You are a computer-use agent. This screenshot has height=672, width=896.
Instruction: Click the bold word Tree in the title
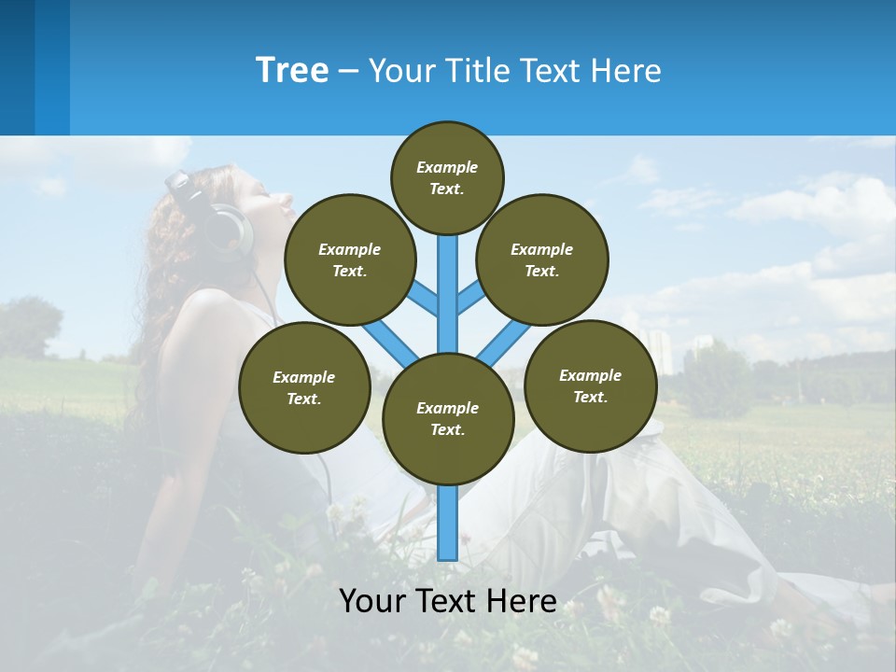click(292, 70)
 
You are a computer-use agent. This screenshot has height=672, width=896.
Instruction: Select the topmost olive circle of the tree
click(447, 177)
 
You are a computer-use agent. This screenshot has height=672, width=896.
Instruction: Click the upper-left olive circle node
click(350, 259)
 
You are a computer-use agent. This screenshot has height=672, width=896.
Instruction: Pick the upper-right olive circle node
click(542, 259)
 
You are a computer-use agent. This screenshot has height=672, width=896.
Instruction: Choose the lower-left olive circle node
click(304, 387)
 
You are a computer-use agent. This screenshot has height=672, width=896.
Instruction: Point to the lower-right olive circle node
click(590, 385)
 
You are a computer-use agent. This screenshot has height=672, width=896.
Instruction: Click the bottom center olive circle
click(448, 418)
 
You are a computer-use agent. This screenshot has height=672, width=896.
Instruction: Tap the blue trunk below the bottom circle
click(448, 523)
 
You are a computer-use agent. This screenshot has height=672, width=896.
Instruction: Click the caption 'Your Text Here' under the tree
click(448, 600)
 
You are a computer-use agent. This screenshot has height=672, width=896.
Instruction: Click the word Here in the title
click(624, 70)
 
